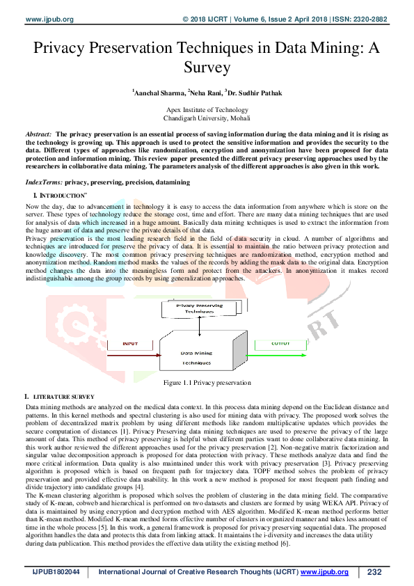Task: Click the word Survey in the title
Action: (x=207, y=67)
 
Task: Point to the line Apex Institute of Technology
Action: (x=207, y=111)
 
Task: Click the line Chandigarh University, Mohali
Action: (x=207, y=119)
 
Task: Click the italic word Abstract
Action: (x=38, y=133)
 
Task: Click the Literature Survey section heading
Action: (x=63, y=397)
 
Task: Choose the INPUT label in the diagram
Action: (x=130, y=344)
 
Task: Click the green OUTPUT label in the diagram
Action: (x=281, y=343)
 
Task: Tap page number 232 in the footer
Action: (x=374, y=572)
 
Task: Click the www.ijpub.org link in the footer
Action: (x=325, y=572)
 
